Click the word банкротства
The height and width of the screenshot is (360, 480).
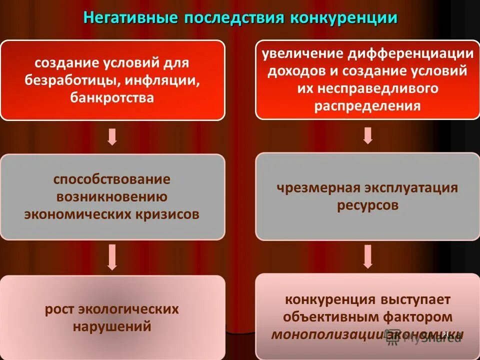[x=112, y=97]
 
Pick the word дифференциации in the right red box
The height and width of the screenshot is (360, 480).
[x=410, y=54]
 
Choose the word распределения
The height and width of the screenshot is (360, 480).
[x=367, y=106]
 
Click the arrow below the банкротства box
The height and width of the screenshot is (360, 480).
[x=112, y=136]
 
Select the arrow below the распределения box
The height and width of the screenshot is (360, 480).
[x=367, y=135]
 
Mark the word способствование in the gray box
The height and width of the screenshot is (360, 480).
[x=112, y=179]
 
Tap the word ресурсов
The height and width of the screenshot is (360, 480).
[x=367, y=205]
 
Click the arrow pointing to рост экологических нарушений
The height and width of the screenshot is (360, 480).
[x=112, y=258]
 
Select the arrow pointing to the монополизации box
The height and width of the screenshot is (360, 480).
[x=367, y=256]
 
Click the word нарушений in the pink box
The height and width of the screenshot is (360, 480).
[x=112, y=327]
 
